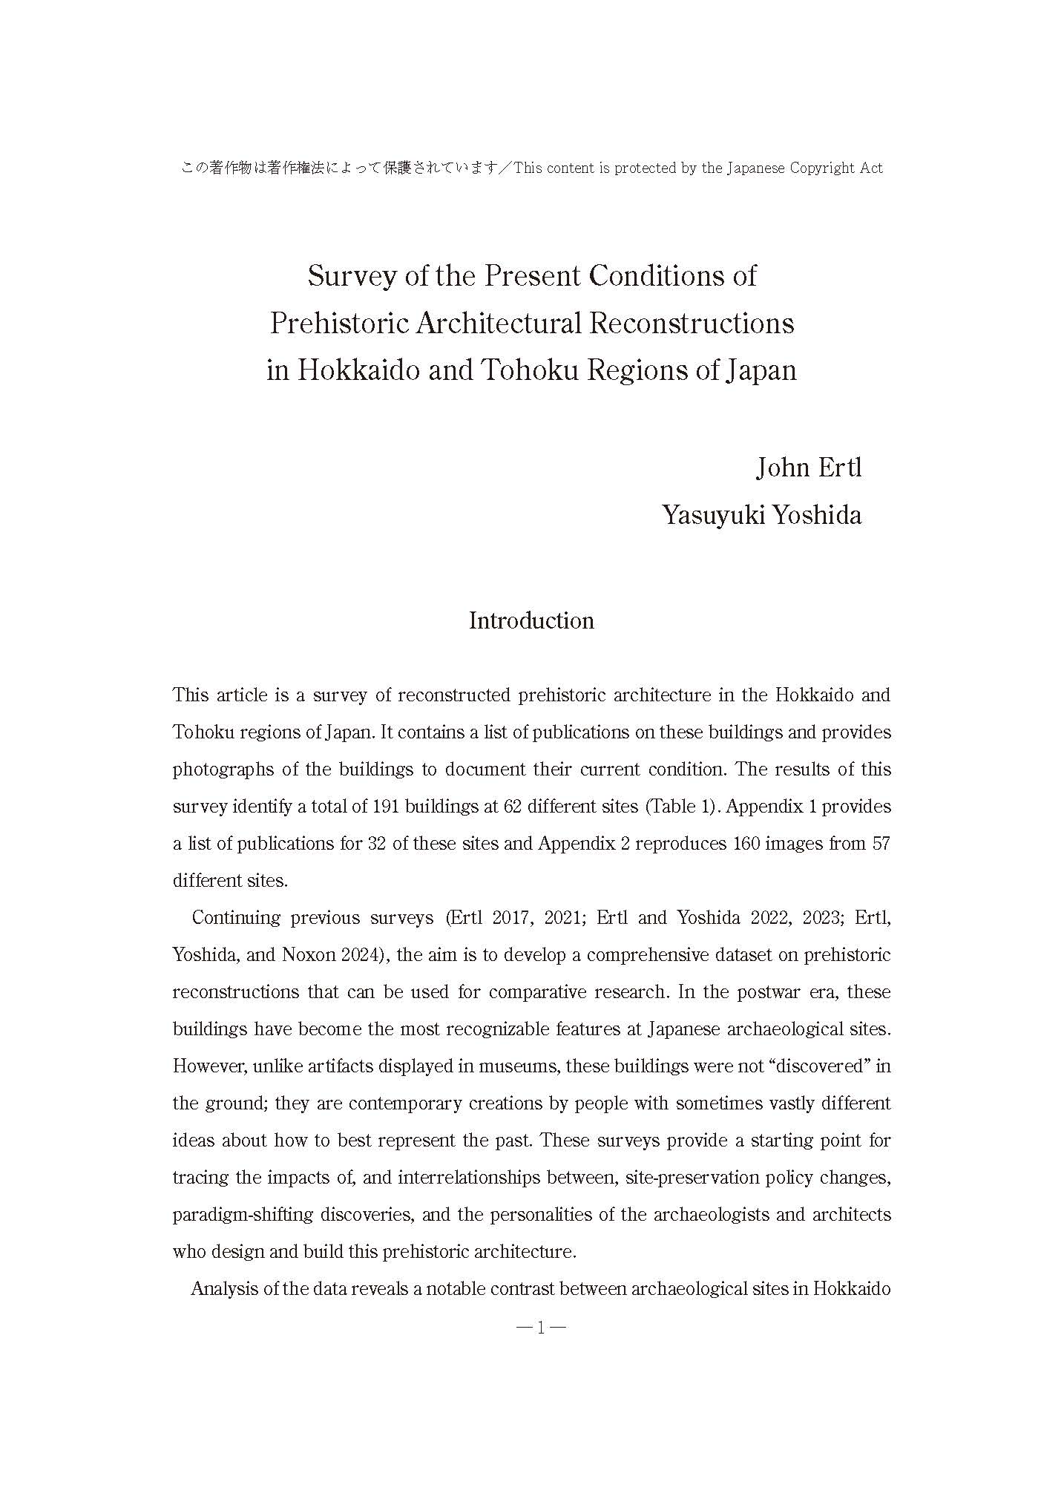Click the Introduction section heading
tap(531, 620)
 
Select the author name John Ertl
tap(808, 468)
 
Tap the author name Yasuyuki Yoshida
tap(762, 515)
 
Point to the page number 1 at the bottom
tap(541, 1328)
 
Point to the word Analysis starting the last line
tap(223, 1289)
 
